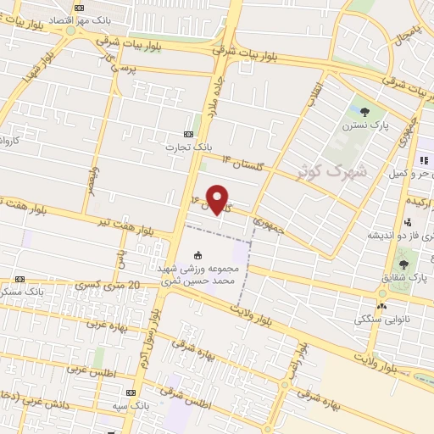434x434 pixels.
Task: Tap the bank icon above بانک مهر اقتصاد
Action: point(79,7)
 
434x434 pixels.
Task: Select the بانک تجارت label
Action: point(189,146)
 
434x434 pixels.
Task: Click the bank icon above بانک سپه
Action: point(131,392)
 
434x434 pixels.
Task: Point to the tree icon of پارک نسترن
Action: point(365,110)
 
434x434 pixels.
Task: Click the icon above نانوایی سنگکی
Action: point(381,305)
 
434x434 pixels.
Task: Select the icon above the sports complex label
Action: point(198,255)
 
